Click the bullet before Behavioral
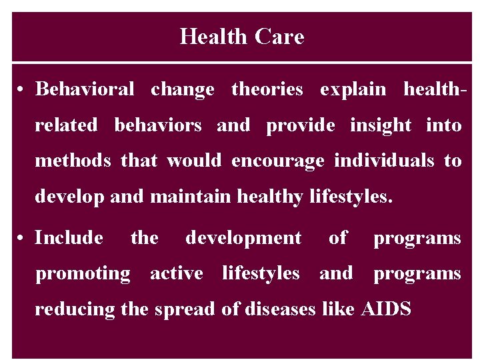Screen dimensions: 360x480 pos(22,89)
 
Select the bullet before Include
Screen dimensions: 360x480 pos(22,238)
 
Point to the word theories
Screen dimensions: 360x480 pos(267,89)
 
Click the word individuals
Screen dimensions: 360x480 pos(383,161)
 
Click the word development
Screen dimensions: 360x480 pos(243,239)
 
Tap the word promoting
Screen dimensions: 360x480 pos(83,274)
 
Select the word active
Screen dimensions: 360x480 pos(176,273)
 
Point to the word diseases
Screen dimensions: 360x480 pos(279,309)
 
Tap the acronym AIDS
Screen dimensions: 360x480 pos(385,309)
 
